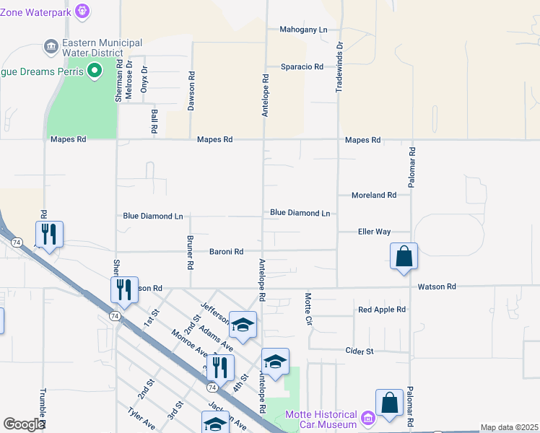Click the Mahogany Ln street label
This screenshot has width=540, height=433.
[303, 30]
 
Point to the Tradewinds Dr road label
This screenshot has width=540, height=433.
[339, 65]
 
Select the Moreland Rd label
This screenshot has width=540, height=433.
[374, 196]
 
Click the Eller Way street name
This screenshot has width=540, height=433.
[374, 232]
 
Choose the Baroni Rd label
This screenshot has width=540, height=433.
[226, 252]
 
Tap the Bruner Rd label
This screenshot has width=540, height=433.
[191, 253]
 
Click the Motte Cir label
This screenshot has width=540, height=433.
[308, 308]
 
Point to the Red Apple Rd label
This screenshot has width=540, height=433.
[382, 310]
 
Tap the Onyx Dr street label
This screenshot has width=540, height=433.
[144, 78]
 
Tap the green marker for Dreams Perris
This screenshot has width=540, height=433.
[93, 71]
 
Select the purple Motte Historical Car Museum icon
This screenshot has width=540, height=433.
[367, 418]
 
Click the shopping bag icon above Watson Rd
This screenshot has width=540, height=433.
[404, 256]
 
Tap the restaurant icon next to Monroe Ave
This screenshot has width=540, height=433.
[220, 367]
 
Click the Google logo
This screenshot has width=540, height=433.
[24, 424]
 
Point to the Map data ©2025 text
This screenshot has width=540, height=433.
[509, 427]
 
